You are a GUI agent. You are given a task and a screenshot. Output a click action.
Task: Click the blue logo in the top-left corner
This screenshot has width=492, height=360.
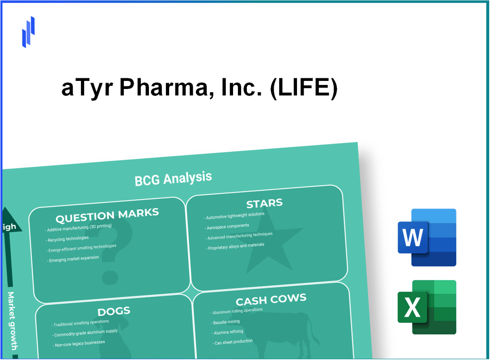tap(28, 32)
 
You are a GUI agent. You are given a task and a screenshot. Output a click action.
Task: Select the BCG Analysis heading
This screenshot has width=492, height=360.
tap(173, 178)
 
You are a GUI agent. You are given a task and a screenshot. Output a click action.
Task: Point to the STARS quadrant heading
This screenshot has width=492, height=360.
tap(264, 203)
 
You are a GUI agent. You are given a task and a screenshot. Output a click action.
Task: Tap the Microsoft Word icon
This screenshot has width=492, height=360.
tap(427, 237)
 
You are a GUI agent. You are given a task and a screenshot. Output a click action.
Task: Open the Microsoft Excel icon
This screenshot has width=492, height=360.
tap(427, 307)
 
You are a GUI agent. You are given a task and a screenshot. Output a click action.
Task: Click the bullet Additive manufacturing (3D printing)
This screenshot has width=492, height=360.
tap(79, 228)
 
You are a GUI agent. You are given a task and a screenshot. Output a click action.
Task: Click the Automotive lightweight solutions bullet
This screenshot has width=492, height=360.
tap(235, 216)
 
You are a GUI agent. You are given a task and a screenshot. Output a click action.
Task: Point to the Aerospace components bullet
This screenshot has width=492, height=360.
tap(228, 226)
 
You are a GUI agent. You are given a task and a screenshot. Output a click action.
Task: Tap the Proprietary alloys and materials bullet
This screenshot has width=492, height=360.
tap(236, 246)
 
